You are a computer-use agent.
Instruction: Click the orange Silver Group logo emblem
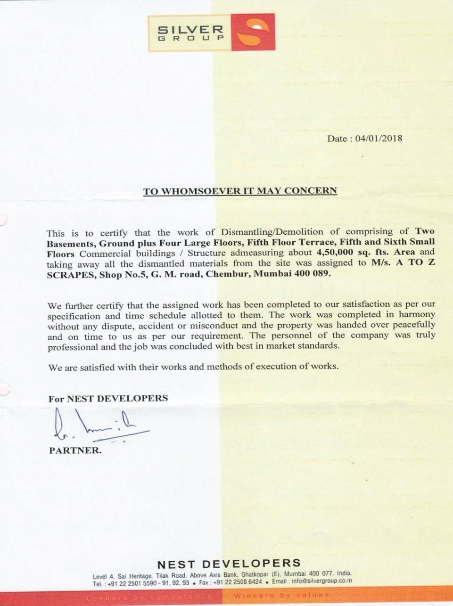[x=253, y=33]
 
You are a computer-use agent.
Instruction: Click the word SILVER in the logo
[x=190, y=30]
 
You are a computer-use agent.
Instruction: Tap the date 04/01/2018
[x=379, y=139]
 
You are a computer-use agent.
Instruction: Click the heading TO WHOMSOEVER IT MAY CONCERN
[x=240, y=191]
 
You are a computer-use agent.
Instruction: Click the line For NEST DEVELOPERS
[x=108, y=398]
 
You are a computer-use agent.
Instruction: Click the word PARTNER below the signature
[x=75, y=450]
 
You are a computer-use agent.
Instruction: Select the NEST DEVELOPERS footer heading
[x=229, y=564]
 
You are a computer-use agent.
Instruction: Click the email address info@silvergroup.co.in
[x=322, y=581]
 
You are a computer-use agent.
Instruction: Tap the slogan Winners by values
[x=281, y=595]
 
